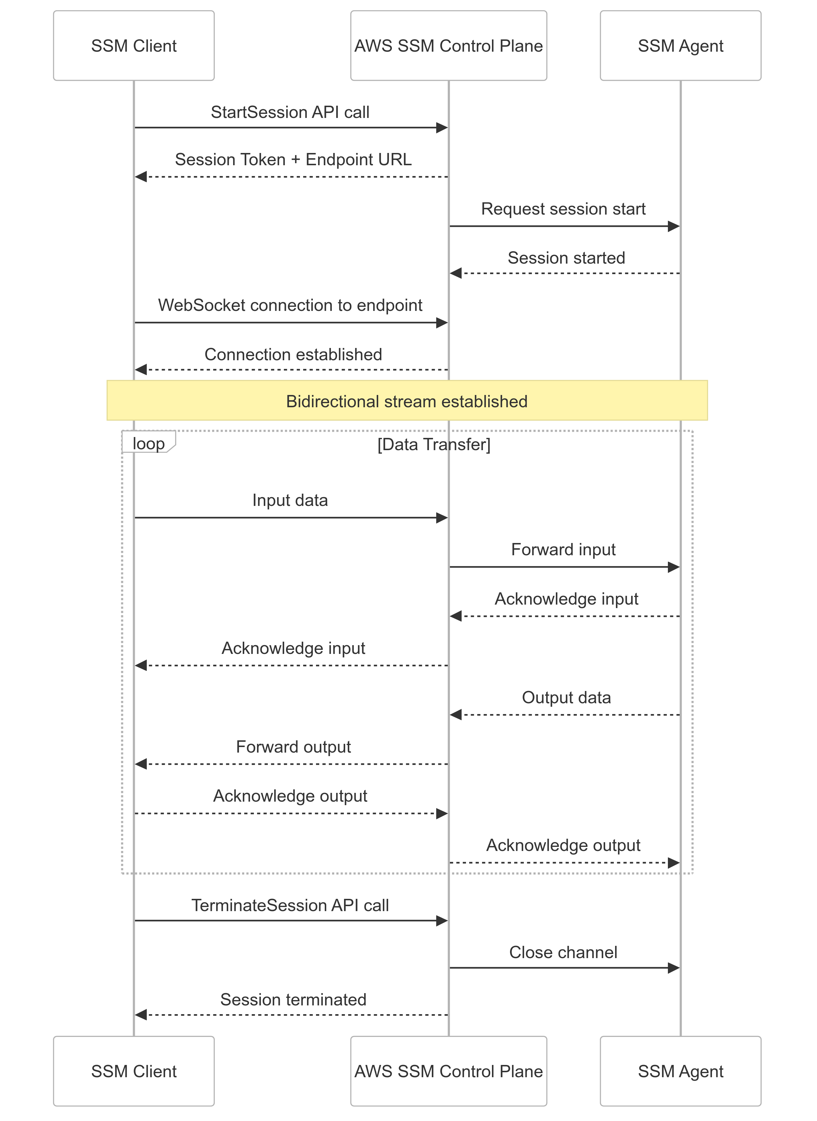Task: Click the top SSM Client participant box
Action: (x=134, y=46)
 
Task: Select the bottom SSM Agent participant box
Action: (x=680, y=1071)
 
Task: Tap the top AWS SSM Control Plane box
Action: (x=448, y=46)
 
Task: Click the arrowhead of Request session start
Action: (x=673, y=227)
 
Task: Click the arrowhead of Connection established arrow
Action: (x=141, y=370)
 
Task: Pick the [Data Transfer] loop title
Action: (x=434, y=444)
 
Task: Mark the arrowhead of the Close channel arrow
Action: (x=673, y=968)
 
